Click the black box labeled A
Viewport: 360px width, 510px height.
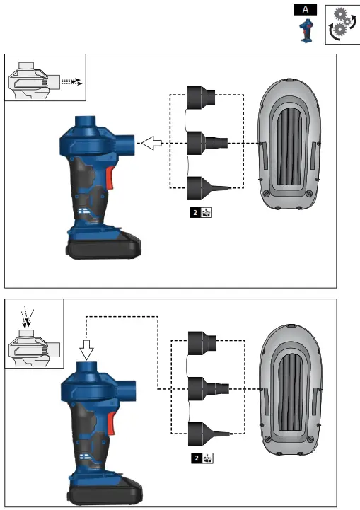point(306,9)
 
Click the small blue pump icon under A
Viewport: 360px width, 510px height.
point(305,32)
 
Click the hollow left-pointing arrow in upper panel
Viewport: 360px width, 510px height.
point(151,144)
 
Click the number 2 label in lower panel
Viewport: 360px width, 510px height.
point(197,458)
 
